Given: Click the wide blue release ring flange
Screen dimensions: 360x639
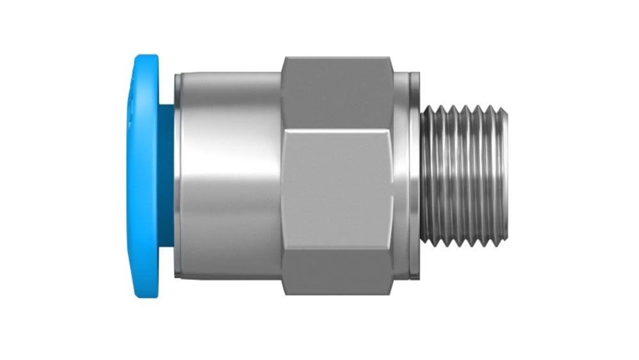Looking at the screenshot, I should [145, 176].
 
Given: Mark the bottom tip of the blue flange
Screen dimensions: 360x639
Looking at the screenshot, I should [146, 296].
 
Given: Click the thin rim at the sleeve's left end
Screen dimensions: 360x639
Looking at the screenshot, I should [177, 176].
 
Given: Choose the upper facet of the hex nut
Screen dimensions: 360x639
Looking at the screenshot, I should [337, 93].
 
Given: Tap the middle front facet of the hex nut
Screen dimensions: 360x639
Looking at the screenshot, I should [337, 186].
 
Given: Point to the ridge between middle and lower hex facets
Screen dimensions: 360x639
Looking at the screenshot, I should [337, 247].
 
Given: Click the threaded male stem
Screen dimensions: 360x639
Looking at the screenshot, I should [464, 176].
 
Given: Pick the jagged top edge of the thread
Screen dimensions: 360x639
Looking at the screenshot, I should [464, 110].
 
